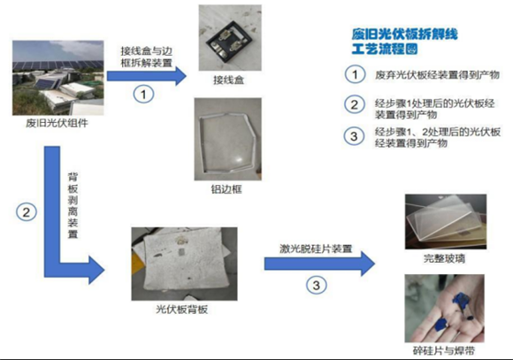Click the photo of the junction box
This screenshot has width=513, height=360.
(x=230, y=38)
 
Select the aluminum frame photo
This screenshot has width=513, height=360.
(x=227, y=139)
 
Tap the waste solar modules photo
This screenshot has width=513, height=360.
(x=57, y=78)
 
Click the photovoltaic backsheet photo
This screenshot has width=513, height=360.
(x=184, y=264)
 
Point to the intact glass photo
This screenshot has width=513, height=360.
(x=446, y=221)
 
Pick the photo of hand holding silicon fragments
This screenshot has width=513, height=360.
(x=445, y=309)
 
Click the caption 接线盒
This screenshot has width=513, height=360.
(x=229, y=80)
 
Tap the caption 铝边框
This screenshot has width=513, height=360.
(x=226, y=189)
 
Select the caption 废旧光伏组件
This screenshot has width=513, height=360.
(x=57, y=123)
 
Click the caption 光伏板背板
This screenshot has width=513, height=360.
(x=182, y=310)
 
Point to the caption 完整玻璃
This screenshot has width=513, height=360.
(x=444, y=258)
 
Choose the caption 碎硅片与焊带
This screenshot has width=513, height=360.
(x=444, y=351)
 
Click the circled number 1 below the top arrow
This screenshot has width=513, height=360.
(x=143, y=95)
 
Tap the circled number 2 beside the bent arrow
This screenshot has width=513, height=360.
(x=27, y=212)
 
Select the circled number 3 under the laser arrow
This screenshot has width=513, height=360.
(x=316, y=285)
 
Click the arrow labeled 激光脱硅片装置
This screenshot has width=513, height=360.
(x=319, y=264)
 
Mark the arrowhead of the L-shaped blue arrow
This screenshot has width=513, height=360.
(x=96, y=270)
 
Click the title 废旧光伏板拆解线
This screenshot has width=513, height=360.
(x=405, y=34)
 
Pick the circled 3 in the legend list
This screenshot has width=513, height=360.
(x=354, y=136)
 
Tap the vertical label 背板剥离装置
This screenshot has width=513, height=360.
(x=73, y=205)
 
